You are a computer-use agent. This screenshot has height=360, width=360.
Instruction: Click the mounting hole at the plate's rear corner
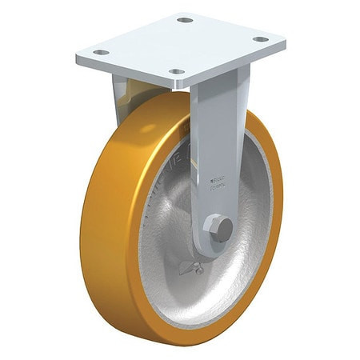(186, 19)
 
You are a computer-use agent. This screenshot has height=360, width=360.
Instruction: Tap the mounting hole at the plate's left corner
(101, 53)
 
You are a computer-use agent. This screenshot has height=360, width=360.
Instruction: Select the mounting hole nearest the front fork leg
(176, 72)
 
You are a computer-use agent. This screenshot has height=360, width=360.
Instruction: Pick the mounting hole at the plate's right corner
(261, 38)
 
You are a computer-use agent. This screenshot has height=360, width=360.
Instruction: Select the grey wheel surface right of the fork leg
(254, 208)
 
